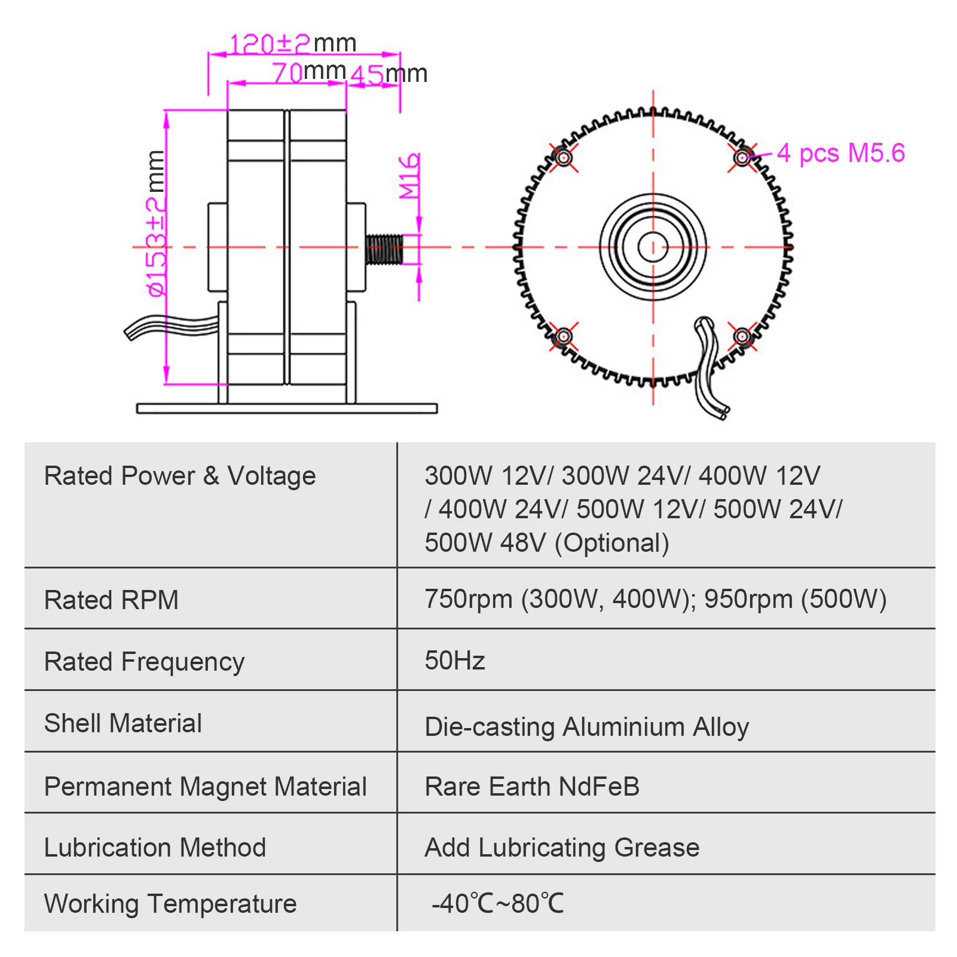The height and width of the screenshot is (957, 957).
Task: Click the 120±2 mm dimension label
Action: (292, 44)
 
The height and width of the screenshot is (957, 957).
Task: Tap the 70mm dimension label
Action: (308, 72)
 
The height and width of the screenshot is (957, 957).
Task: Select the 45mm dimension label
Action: (389, 75)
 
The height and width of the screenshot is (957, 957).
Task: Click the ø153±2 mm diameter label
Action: (156, 224)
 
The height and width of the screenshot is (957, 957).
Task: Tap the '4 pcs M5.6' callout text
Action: (840, 154)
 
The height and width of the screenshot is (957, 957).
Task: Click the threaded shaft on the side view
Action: (384, 249)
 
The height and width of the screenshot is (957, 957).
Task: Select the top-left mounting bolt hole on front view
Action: (563, 158)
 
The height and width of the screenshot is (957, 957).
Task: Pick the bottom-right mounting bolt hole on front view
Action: (742, 337)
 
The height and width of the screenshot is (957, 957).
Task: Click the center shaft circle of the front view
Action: (653, 247)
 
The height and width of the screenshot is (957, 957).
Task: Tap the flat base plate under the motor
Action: (287, 408)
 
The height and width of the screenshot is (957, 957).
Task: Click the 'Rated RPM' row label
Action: (111, 600)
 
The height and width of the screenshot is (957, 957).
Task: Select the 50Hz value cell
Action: (455, 661)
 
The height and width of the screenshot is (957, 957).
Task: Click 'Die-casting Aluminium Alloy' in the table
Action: (586, 727)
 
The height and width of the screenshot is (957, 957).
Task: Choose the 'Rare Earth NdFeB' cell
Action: (532, 787)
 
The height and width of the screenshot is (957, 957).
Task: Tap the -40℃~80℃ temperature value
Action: (497, 903)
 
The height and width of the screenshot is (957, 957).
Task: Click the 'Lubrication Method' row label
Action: (155, 848)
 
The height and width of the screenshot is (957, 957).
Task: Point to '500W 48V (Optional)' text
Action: (546, 543)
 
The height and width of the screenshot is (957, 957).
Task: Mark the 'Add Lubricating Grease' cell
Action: (562, 848)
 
